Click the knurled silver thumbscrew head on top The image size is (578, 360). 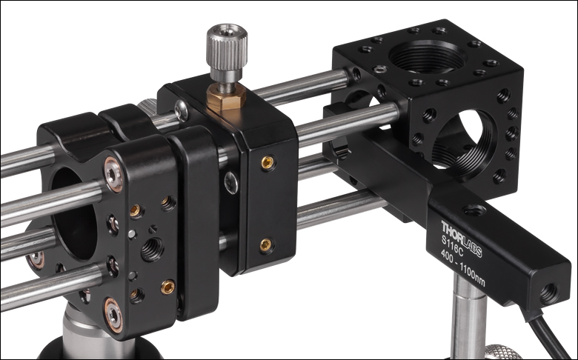(225, 43)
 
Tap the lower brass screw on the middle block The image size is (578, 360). (265, 243)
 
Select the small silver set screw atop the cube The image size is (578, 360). (380, 69)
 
